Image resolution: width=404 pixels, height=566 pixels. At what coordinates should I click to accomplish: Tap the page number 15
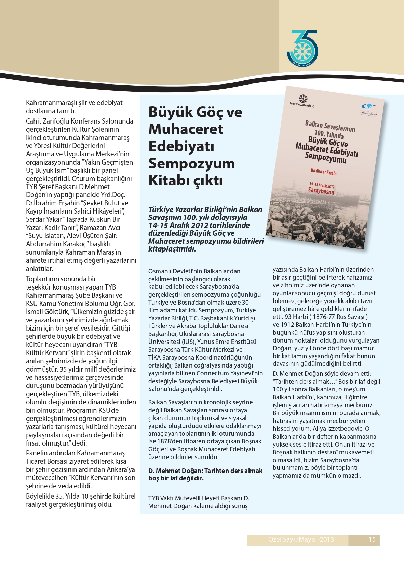[x=372, y=540]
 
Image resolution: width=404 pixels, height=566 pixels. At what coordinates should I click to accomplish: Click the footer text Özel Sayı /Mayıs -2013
[x=301, y=540]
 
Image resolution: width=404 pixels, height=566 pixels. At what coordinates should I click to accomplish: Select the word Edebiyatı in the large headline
[x=181, y=146]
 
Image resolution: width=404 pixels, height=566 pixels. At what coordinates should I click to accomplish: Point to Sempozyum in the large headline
[x=191, y=164]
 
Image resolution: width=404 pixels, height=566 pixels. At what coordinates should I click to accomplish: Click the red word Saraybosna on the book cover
[x=321, y=191]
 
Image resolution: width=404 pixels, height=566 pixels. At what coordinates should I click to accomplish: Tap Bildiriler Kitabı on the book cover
[x=324, y=172]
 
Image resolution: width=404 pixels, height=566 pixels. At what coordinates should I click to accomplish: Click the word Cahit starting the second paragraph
[x=33, y=121]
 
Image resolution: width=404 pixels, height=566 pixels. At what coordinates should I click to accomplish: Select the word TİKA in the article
[x=154, y=358]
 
